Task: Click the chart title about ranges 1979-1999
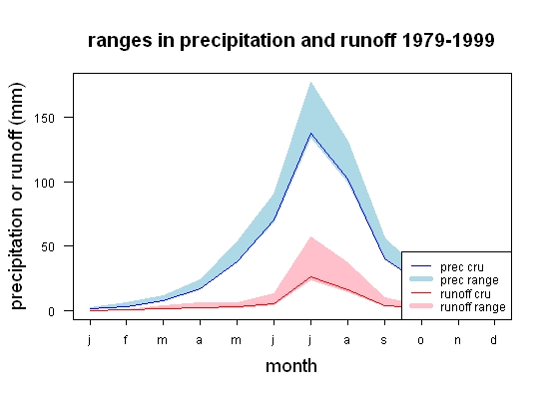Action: tap(290, 40)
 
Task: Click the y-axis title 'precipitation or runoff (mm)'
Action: tap(17, 196)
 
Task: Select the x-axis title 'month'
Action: tap(291, 366)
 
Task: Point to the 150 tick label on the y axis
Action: tap(45, 119)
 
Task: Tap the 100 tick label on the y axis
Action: tap(45, 183)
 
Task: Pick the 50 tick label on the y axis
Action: tap(48, 247)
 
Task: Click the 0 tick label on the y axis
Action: tap(52, 311)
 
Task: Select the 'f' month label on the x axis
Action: tap(126, 339)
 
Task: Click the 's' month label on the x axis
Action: tap(384, 340)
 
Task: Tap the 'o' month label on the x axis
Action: tap(421, 340)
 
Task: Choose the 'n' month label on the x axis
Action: tap(457, 340)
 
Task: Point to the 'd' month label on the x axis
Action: tap(494, 339)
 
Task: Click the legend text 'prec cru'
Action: tap(462, 267)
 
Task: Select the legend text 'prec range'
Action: tap(469, 280)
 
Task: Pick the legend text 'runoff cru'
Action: tap(465, 294)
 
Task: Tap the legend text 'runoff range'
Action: tap(473, 307)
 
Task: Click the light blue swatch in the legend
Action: tap(421, 279)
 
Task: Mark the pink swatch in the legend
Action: tap(421, 306)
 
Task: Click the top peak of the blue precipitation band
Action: tap(310, 82)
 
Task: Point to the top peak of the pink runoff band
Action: tap(310, 236)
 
